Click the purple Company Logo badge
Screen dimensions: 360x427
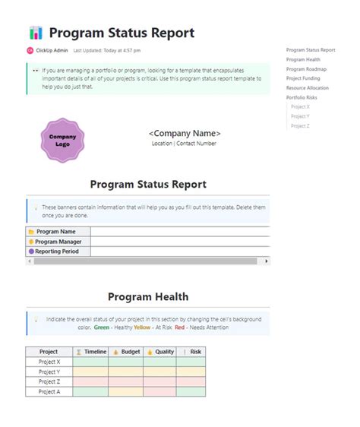[62, 140]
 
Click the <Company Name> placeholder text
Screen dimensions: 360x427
[185, 133]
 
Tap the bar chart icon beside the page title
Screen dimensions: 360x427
[36, 33]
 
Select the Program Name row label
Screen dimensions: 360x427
[56, 232]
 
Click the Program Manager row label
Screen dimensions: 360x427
[58, 242]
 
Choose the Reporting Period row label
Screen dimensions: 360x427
[58, 251]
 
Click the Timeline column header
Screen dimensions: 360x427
[91, 352]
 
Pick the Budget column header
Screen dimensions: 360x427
[126, 352]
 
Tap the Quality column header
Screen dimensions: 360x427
[161, 352]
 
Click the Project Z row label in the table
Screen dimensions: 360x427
[49, 381]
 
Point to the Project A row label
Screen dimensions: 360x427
[49, 391]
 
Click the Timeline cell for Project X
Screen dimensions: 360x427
[91, 362]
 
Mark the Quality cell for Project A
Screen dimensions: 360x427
[161, 391]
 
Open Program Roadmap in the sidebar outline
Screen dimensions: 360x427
[307, 69]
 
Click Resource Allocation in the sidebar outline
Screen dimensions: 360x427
[308, 88]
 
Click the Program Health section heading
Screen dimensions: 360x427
[148, 296]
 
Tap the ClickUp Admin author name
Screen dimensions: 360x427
[52, 50]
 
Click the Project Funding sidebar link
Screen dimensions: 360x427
[304, 78]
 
